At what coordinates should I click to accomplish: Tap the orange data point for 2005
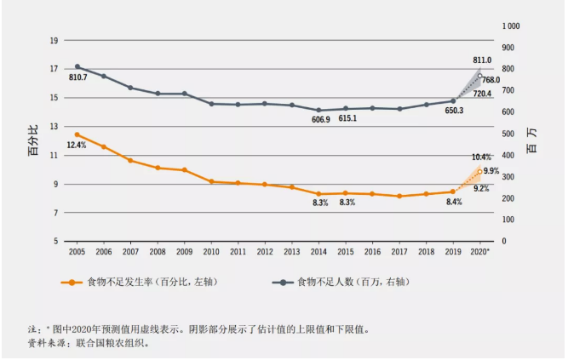(x=77, y=134)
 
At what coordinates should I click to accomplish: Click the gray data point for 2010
(x=211, y=104)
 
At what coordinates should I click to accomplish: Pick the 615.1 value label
(x=347, y=119)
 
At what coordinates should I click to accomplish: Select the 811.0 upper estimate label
(x=482, y=60)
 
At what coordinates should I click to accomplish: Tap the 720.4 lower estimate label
(x=482, y=93)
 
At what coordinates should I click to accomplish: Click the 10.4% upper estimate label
(x=480, y=157)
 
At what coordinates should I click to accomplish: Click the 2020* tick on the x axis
(x=480, y=252)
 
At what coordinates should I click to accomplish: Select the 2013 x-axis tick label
(x=292, y=252)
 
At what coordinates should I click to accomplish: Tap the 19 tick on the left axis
(x=54, y=40)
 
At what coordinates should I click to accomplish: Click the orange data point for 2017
(x=399, y=196)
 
